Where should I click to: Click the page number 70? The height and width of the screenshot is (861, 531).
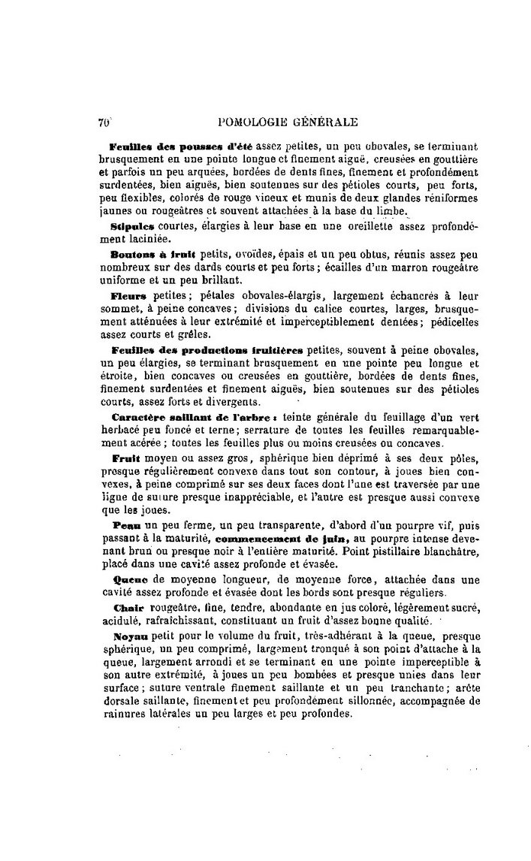point(104,121)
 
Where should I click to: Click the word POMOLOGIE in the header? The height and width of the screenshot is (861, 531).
point(252,122)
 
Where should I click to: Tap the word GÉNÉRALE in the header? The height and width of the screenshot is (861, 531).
point(327,122)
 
